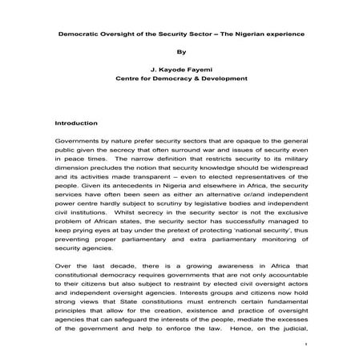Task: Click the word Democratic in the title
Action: click(79, 34)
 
